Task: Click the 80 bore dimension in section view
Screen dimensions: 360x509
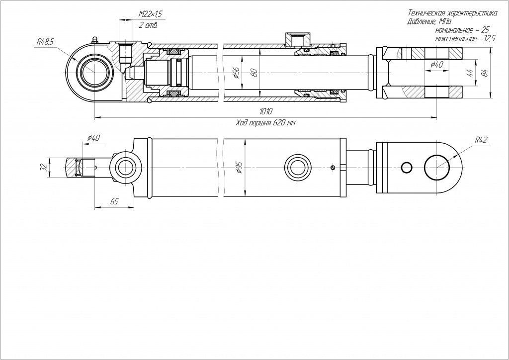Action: tap(254, 73)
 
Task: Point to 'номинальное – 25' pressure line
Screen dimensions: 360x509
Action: tap(462, 30)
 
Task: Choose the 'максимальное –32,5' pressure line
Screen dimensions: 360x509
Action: tap(465, 38)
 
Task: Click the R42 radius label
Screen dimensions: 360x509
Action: tap(481, 140)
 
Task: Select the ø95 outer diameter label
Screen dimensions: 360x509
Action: tap(240, 168)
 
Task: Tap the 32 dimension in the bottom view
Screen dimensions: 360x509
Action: tap(44, 168)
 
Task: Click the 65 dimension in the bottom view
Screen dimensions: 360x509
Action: tap(113, 202)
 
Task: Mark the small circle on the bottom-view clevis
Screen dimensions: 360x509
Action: tap(407, 168)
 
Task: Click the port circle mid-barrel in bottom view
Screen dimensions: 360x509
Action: tap(297, 168)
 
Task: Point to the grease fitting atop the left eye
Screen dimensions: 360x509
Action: tap(93, 39)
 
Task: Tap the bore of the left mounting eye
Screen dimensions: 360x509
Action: tap(93, 73)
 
